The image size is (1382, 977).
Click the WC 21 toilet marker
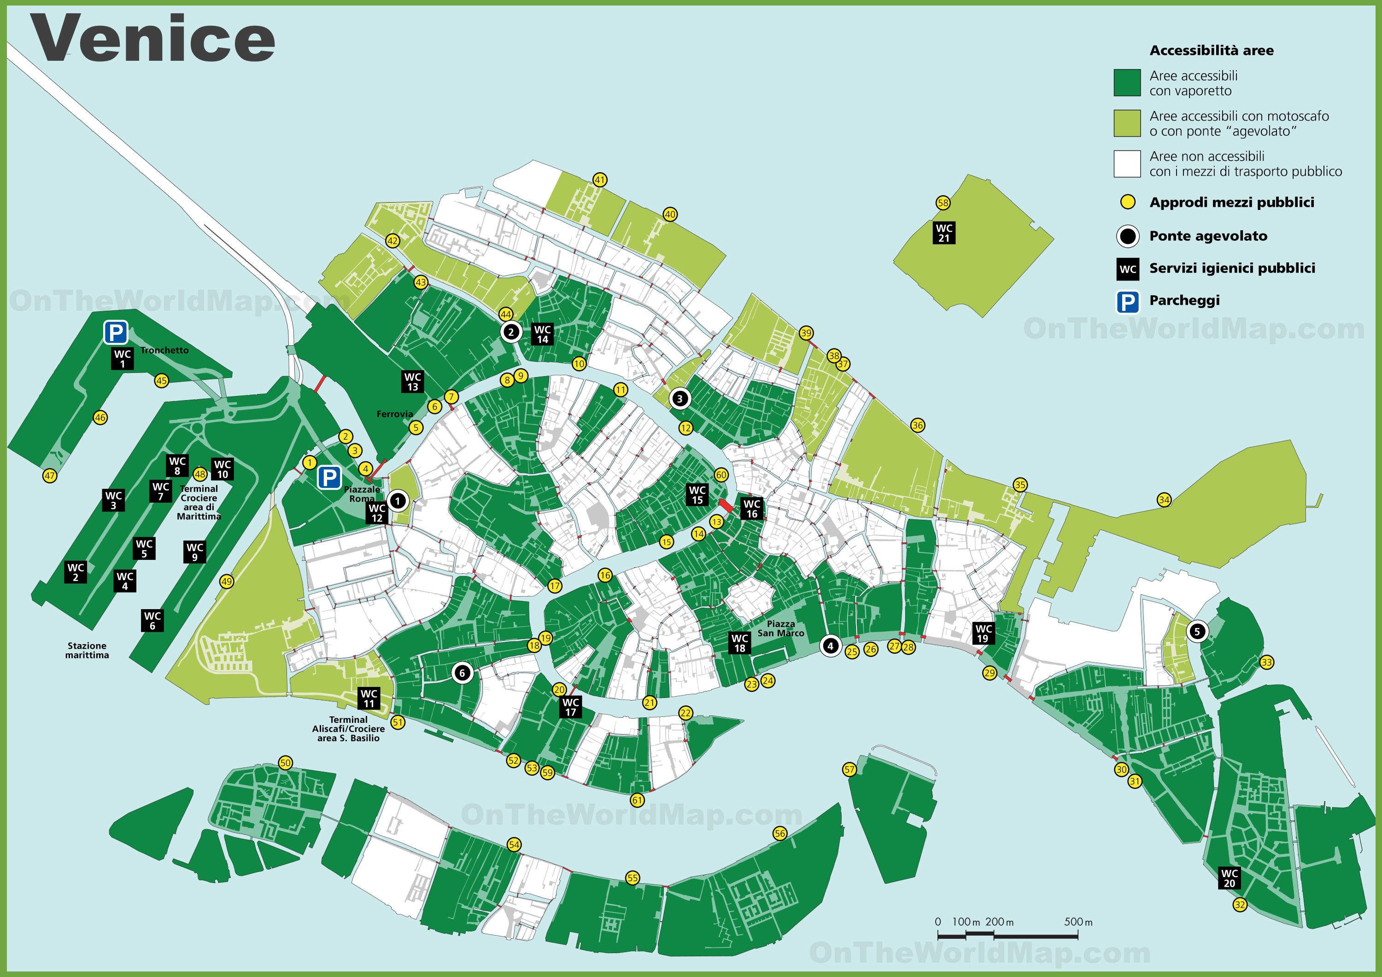tap(944, 233)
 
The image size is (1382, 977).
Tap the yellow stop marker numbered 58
tap(943, 203)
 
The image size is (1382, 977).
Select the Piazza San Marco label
tap(781, 628)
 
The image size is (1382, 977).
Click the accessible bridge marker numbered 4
tap(830, 646)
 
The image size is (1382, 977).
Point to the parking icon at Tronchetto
tap(116, 331)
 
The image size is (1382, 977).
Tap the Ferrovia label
tap(394, 414)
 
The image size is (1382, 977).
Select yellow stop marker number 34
tap(1164, 500)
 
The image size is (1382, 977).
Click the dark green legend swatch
tap(1127, 82)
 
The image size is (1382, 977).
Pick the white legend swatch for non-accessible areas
tap(1127, 163)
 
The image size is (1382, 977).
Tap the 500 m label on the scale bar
tap(1078, 922)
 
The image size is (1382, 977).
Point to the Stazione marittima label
tap(87, 650)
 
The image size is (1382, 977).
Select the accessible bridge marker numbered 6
tap(462, 673)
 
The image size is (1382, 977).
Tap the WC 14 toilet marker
tap(542, 334)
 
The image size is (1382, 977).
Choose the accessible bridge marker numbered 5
tap(1197, 631)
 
